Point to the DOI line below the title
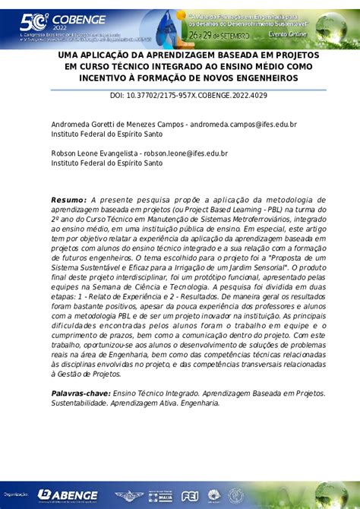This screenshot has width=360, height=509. coord(180,96)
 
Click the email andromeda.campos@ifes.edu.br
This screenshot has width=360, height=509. coord(242,123)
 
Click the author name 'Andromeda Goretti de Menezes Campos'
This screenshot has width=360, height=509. coord(116,123)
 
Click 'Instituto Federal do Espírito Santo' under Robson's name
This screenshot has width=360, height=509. coord(107,163)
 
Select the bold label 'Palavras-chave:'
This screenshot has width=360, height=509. coord(80,394)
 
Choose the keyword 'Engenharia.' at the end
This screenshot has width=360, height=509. coord(198,403)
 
